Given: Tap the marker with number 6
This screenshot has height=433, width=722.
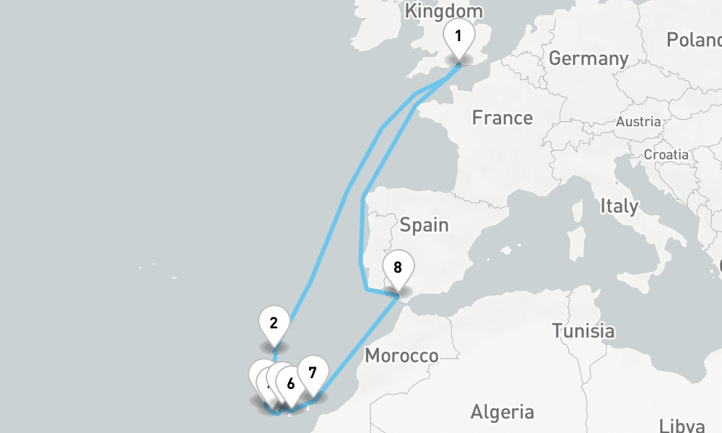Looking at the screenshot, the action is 290,384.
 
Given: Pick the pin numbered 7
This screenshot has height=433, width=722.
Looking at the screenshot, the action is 312,373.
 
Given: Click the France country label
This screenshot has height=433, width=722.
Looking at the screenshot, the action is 502,118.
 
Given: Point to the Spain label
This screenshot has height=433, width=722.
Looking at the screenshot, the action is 424,225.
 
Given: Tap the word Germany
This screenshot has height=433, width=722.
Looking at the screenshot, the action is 588,58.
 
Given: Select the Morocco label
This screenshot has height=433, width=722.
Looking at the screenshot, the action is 401,356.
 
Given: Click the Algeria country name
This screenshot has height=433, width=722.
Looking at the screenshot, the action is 502,412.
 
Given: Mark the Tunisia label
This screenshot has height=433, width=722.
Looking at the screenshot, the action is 583,331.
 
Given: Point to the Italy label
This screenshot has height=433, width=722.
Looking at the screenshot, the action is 619,206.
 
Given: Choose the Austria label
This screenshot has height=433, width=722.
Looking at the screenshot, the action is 638,122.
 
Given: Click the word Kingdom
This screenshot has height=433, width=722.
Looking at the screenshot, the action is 443,11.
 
